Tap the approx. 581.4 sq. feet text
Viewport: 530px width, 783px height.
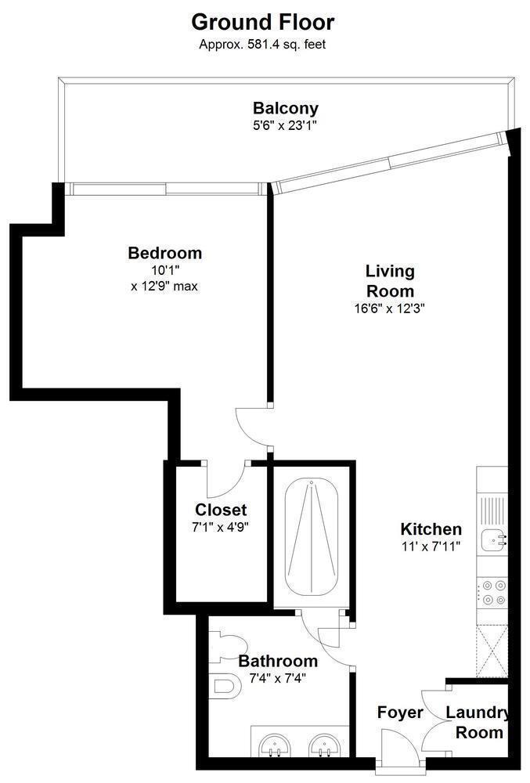pyautogui.click(x=262, y=45)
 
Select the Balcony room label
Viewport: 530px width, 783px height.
pyautogui.click(x=285, y=108)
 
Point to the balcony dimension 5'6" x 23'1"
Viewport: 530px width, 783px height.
pyautogui.click(x=285, y=124)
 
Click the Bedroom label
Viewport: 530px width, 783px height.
pyautogui.click(x=164, y=253)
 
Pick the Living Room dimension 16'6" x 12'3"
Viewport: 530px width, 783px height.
pyautogui.click(x=389, y=308)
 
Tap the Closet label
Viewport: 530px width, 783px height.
pyautogui.click(x=221, y=510)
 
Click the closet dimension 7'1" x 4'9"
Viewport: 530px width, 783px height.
pyautogui.click(x=221, y=527)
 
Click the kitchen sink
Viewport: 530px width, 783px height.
pyautogui.click(x=493, y=539)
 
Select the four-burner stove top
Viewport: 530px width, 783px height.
pyautogui.click(x=492, y=592)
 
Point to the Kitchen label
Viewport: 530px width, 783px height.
pyautogui.click(x=431, y=529)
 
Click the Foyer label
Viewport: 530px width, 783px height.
pyautogui.click(x=400, y=713)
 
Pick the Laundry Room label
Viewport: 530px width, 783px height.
pyautogui.click(x=478, y=723)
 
